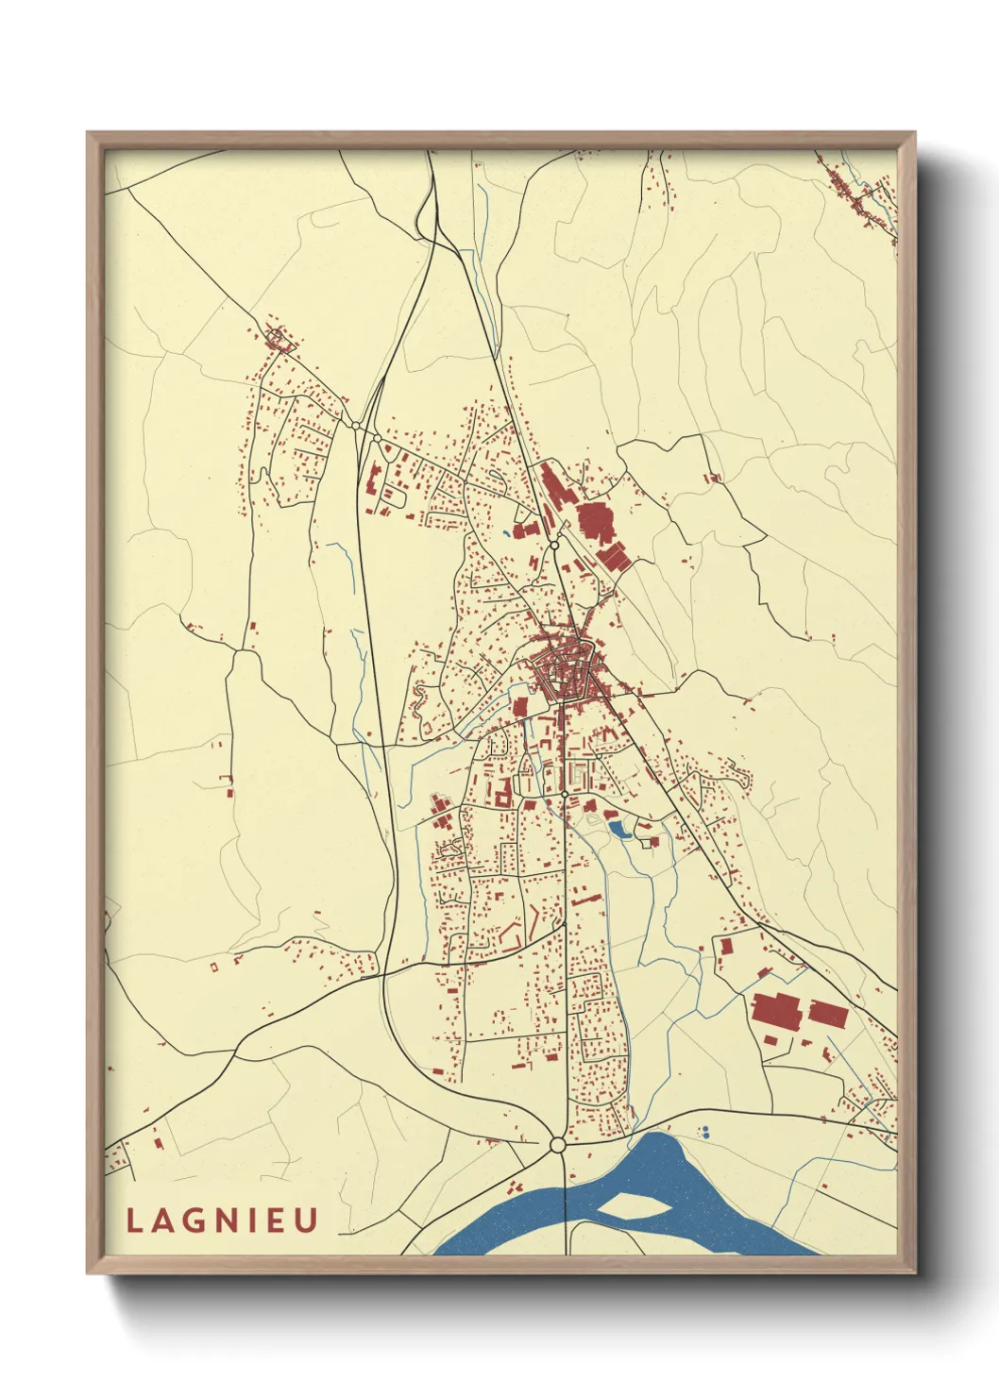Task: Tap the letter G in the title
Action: tap(195, 1220)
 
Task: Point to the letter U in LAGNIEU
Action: tap(307, 1220)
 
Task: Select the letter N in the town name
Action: tap(227, 1220)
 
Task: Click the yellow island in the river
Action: tap(630, 1204)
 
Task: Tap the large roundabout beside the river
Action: tap(557, 1145)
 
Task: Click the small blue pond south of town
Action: tap(620, 830)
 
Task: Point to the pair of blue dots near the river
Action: tap(703, 1131)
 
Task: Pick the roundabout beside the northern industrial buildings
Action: tap(555, 545)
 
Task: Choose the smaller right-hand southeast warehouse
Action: tap(828, 1015)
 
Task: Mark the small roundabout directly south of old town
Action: tap(565, 796)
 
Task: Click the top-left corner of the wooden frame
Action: tap(89, 134)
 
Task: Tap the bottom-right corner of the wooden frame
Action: tap(913, 1271)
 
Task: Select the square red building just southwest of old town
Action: tap(519, 707)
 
